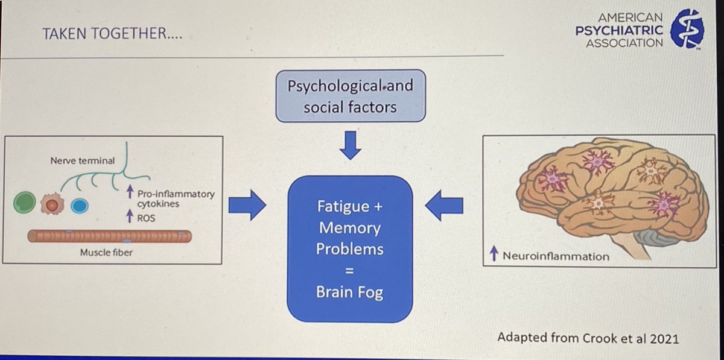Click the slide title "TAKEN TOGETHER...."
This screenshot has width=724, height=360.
coord(112,34)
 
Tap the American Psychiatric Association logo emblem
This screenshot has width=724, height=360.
coord(687,29)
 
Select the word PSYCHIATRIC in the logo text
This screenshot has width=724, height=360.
coord(619,30)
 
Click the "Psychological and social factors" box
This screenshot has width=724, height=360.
coord(351,96)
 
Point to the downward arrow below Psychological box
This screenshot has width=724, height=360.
coord(351,145)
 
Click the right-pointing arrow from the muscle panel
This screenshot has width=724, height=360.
coord(247,205)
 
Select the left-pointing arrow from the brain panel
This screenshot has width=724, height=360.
coord(444,206)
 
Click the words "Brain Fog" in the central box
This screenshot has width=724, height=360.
coord(349,292)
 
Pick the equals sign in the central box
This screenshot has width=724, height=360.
coord(349,271)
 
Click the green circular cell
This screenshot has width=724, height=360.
coord(25,202)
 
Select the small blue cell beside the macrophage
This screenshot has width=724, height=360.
coord(80,206)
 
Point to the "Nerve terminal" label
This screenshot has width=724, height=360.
coord(83,160)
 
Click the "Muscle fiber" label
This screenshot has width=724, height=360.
coord(106,253)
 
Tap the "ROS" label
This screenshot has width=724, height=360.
coord(146,218)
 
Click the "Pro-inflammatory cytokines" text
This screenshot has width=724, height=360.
coord(176,199)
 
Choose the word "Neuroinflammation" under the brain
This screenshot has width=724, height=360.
coord(556,256)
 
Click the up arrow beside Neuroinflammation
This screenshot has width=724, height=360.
coord(494,253)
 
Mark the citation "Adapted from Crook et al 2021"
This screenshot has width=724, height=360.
coord(588,338)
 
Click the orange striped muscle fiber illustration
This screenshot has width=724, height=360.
coord(110,236)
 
